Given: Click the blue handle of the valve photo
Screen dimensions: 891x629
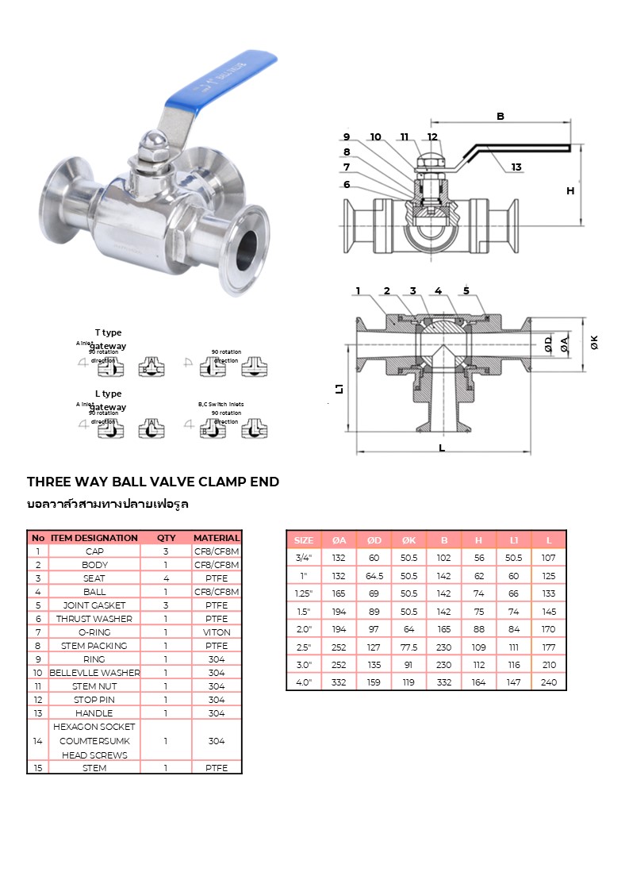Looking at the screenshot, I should [x=222, y=79].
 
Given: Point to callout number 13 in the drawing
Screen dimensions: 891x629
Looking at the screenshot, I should [x=516, y=167].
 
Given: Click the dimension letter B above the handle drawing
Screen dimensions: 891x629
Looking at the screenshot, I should [x=501, y=117].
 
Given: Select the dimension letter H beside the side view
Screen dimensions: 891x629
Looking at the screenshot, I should [x=570, y=190].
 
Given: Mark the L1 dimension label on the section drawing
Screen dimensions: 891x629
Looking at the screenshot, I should [x=339, y=388].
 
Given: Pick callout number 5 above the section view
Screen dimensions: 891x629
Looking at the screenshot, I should [x=466, y=290].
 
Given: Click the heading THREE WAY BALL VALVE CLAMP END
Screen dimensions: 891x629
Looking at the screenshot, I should [x=153, y=482].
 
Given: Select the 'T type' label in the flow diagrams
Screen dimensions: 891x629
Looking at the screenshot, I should [x=108, y=332].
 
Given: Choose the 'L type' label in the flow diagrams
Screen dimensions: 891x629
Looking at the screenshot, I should [x=108, y=394].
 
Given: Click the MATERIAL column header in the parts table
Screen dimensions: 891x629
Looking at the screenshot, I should [x=217, y=538].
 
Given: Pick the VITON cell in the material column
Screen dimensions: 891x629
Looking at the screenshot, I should [x=217, y=632].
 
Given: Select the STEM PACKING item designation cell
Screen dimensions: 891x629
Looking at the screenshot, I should [x=94, y=646].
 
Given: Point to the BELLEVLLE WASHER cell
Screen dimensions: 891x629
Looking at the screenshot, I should [x=94, y=673].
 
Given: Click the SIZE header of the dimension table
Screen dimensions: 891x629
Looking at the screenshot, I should [x=304, y=540].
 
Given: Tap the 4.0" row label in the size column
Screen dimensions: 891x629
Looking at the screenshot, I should [x=304, y=682].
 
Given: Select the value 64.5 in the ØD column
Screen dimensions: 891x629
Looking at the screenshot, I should [x=374, y=575].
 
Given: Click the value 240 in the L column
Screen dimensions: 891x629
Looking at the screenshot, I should [x=549, y=682].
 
